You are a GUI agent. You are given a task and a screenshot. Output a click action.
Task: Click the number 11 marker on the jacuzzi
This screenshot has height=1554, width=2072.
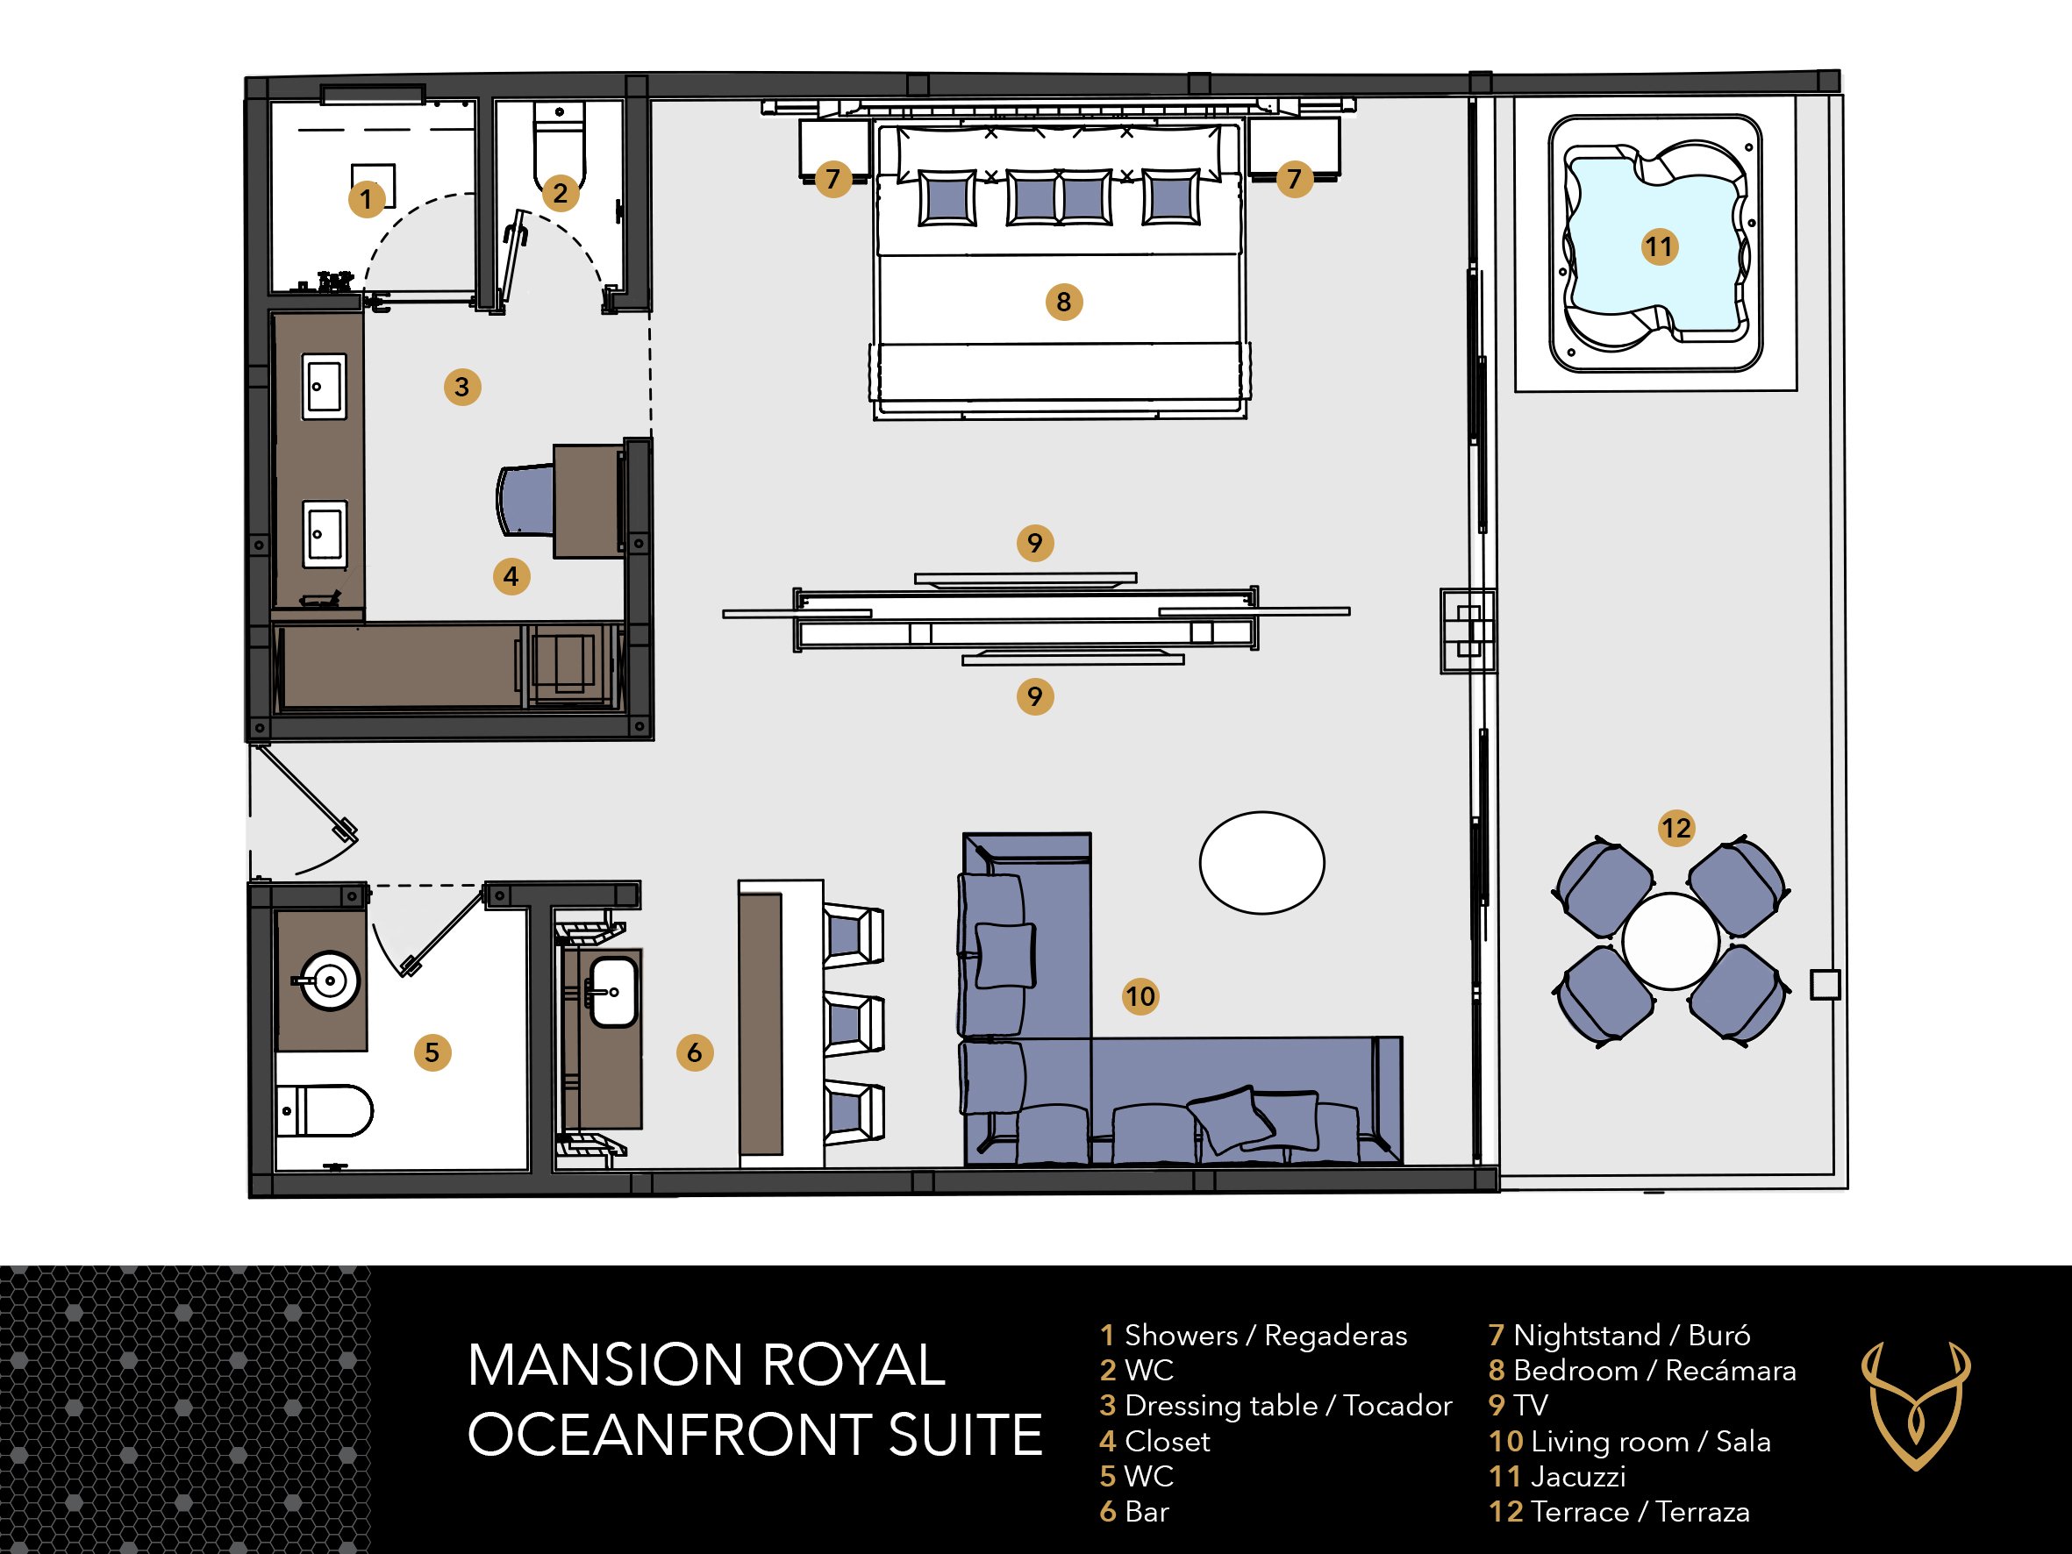[x=1659, y=246]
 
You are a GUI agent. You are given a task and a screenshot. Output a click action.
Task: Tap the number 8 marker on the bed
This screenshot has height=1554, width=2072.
[x=1063, y=302]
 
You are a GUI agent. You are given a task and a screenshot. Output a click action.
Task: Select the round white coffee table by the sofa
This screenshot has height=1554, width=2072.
[x=1261, y=863]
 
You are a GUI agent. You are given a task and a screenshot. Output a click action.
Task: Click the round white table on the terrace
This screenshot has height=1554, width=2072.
[x=1670, y=941]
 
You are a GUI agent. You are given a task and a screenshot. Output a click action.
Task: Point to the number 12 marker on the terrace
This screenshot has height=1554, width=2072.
[x=1675, y=828]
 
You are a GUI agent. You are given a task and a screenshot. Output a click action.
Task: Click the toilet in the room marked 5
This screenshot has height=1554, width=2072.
[x=324, y=1111]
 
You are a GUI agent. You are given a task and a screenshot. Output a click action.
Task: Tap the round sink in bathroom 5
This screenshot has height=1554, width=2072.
[x=327, y=980]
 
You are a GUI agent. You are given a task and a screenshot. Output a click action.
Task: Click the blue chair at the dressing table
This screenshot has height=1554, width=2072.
[x=525, y=499]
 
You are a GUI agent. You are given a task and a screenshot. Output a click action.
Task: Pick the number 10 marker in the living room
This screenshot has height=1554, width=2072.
[x=1140, y=995]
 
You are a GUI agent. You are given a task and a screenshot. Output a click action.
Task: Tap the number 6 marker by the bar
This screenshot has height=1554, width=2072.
[x=694, y=1051]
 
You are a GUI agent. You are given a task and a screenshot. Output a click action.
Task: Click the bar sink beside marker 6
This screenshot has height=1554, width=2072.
[x=612, y=992]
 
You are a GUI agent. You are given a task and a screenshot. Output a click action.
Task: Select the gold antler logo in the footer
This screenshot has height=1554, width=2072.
[x=1916, y=1406]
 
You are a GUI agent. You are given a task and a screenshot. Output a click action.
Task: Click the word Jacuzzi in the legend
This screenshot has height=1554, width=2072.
[x=1578, y=1476]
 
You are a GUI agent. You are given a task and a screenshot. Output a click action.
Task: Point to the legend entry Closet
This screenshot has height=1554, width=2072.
[x=1154, y=1441]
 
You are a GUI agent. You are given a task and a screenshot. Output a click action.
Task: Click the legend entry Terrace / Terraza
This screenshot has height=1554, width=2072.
[x=1618, y=1511]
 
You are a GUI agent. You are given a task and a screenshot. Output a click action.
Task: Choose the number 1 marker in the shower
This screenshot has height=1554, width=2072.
[x=367, y=198]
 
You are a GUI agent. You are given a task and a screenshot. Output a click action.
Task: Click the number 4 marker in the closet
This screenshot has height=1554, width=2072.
[x=511, y=576]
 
